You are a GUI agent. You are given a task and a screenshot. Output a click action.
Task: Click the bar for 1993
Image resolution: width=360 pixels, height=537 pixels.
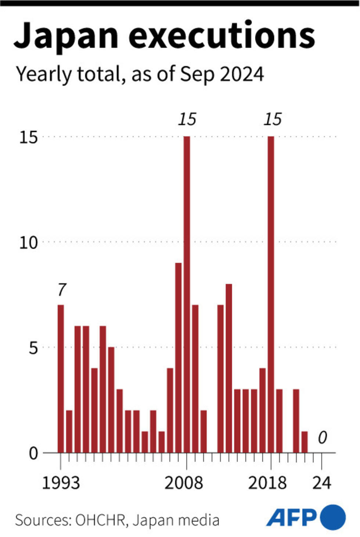(61, 378)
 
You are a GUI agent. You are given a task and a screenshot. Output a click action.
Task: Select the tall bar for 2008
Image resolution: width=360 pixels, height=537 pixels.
(187, 294)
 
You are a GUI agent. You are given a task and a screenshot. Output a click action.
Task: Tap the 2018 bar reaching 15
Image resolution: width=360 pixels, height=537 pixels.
(271, 294)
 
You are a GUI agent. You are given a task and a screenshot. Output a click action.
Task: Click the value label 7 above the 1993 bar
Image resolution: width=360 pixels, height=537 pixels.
(61, 290)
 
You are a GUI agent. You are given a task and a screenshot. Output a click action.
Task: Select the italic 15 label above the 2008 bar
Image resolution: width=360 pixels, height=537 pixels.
(187, 119)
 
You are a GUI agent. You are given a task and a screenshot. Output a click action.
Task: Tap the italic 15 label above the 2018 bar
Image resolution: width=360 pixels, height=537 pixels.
(273, 119)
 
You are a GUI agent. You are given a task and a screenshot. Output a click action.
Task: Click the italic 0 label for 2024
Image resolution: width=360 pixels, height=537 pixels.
(322, 437)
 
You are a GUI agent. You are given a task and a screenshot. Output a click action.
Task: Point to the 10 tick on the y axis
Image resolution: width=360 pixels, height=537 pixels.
(29, 242)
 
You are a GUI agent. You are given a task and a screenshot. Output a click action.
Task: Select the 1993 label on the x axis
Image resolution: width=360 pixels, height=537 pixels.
(61, 483)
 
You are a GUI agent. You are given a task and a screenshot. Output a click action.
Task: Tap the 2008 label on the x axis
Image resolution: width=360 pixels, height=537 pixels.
(184, 483)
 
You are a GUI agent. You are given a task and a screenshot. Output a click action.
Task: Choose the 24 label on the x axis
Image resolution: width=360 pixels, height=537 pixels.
(322, 483)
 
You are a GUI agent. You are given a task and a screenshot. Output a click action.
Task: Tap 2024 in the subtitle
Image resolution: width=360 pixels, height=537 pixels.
(242, 74)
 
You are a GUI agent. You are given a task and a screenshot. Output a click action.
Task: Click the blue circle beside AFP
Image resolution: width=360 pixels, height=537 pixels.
(333, 517)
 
